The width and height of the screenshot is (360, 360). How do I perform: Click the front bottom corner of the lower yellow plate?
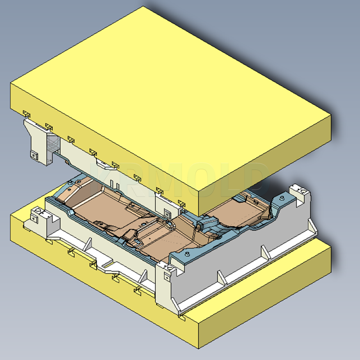197,348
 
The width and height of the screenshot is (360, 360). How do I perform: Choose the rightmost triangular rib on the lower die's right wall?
297,228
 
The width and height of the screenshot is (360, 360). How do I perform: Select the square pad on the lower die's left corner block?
34,218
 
